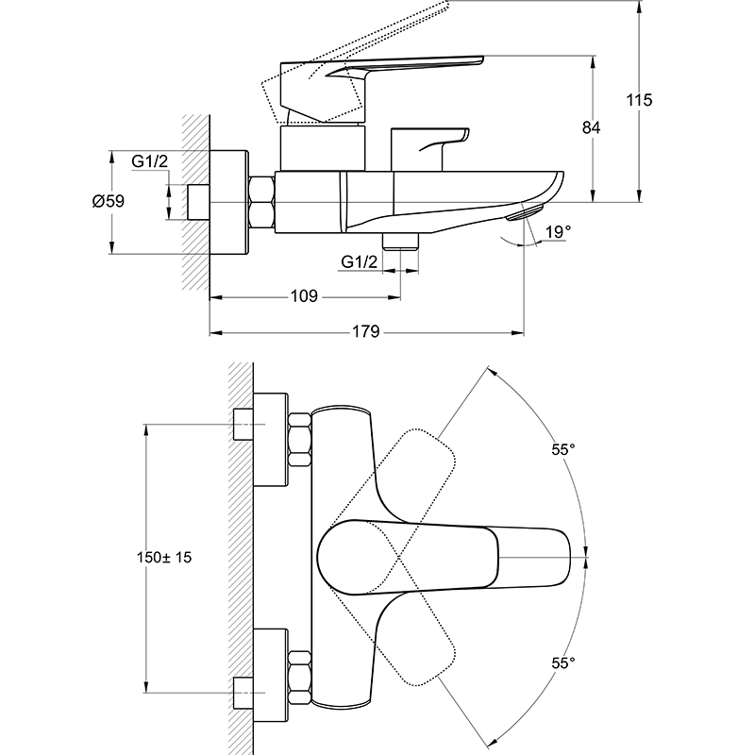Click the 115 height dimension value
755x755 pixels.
pyautogui.click(x=639, y=100)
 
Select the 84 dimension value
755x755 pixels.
pyautogui.click(x=592, y=127)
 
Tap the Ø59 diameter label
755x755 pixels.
pyautogui.click(x=109, y=201)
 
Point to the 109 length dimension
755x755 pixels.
pyautogui.click(x=304, y=295)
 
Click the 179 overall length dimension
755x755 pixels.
pyautogui.click(x=366, y=331)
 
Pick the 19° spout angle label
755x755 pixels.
pyautogui.click(x=558, y=232)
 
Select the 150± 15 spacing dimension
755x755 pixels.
pyautogui.click(x=164, y=557)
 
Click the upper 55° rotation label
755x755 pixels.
pyautogui.click(x=563, y=449)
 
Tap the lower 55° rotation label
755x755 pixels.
pyautogui.click(x=563, y=663)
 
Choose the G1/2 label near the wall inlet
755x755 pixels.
pyautogui.click(x=150, y=161)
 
